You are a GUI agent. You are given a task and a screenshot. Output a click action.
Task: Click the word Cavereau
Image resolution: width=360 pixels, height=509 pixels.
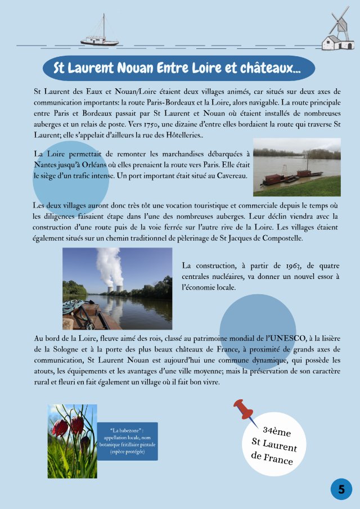pyautogui.click(x=230, y=175)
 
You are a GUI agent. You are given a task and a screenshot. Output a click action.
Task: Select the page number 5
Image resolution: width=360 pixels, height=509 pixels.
pyautogui.click(x=341, y=489)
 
